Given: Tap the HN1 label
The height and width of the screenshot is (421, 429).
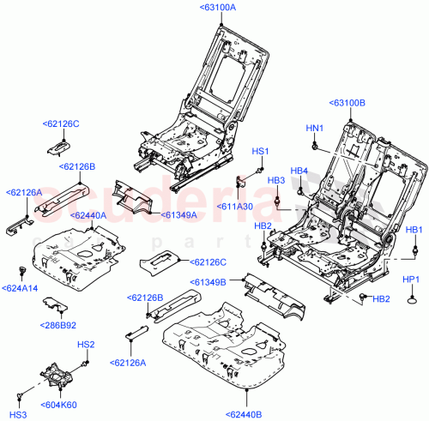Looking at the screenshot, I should click(x=315, y=129).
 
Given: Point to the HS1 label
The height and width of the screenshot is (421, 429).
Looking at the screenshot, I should click(x=260, y=152).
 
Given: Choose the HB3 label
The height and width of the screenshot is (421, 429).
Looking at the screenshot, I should click(x=276, y=180).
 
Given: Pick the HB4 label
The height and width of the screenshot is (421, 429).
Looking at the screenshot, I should click(x=299, y=171).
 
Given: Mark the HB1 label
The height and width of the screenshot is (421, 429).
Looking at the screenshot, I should click(x=414, y=230).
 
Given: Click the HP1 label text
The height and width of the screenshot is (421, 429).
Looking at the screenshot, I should click(x=411, y=280).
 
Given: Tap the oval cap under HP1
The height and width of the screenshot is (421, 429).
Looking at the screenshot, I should click(x=413, y=300).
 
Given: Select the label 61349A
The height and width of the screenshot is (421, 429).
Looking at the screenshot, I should click(x=178, y=215).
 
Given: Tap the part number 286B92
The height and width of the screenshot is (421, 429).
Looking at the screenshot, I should click(x=58, y=325).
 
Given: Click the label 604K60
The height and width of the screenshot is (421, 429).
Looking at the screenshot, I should click(x=58, y=404).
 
